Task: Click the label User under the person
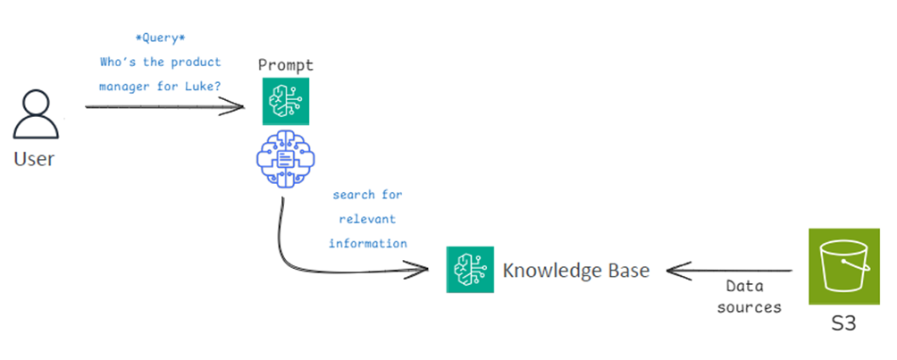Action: (34, 160)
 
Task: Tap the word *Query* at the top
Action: (161, 39)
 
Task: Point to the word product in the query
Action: (196, 63)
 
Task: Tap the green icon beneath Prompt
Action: (285, 100)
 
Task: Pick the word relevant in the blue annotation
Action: (367, 219)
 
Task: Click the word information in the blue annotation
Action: (368, 243)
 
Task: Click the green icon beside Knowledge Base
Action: (470, 270)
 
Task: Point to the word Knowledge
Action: (548, 271)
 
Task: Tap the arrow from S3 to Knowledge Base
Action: (728, 270)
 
